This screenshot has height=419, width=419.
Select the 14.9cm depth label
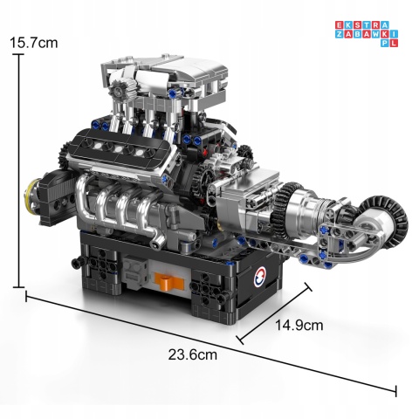299,325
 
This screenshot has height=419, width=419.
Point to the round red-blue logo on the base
260,278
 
